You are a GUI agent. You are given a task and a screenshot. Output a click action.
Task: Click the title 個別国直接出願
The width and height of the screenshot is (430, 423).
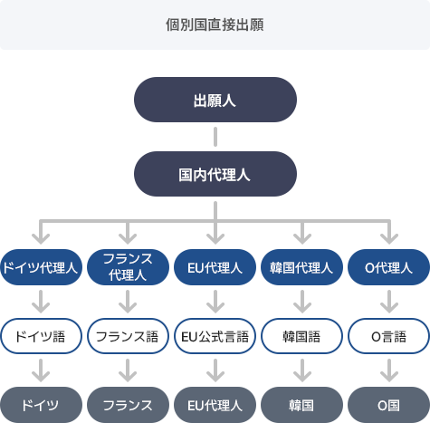(215, 24)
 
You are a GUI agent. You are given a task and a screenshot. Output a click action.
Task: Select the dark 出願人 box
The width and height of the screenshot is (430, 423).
(215, 100)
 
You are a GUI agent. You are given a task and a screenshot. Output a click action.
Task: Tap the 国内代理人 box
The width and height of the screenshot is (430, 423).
(215, 174)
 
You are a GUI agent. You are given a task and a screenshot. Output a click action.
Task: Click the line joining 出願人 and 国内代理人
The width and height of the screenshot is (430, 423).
(215, 137)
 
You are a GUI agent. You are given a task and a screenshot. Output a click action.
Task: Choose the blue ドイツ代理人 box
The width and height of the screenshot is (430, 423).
(41, 267)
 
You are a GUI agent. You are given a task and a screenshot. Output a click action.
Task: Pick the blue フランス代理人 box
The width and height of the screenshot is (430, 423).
(128, 267)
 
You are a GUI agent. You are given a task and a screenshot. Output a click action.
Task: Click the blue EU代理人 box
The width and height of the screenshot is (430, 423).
(215, 267)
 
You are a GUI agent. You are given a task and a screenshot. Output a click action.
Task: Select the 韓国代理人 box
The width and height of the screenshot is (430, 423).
(301, 267)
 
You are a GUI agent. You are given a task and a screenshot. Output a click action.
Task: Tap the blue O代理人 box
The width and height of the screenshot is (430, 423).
(388, 267)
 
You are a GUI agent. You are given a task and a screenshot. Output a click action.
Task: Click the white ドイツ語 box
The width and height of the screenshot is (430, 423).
(41, 336)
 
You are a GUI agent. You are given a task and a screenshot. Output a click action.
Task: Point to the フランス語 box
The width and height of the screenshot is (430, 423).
(128, 336)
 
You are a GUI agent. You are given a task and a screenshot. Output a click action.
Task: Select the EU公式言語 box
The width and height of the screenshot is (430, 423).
(215, 336)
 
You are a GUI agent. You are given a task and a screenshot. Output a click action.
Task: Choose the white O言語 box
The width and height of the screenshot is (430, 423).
(388, 336)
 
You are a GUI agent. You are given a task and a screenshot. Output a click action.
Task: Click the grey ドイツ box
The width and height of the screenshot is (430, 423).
(41, 405)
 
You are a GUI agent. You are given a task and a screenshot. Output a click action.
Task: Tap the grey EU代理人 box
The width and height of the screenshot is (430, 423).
(215, 405)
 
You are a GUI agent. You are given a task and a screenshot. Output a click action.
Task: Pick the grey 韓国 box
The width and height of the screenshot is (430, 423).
(301, 405)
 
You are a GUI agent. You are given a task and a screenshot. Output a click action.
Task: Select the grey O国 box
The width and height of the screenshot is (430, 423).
(388, 405)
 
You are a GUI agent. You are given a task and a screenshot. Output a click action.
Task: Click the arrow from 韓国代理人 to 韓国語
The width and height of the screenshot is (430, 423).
(302, 302)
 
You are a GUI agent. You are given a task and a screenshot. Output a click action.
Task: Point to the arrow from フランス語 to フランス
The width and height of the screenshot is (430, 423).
(128, 370)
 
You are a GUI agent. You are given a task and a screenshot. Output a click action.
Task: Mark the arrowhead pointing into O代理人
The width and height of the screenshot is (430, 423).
(389, 239)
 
